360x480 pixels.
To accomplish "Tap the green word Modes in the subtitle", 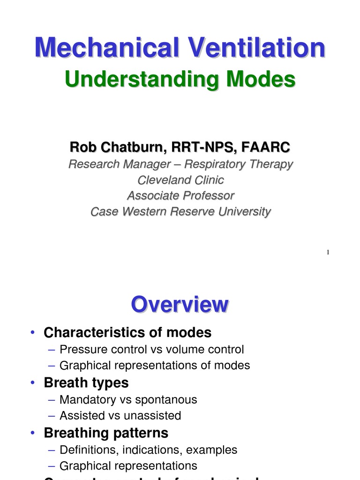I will pos(260,79).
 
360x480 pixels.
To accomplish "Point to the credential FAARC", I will pos(266,147).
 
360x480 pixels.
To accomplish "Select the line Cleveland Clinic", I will pos(180,180).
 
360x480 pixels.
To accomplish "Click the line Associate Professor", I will pos(180,195).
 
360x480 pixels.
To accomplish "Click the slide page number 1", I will pos(328,253).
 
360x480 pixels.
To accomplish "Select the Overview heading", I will pos(180,305).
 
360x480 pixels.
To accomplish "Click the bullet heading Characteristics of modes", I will pos(127,333).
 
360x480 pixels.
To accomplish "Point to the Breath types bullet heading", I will pos(86,383).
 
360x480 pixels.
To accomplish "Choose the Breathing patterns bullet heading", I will pos(106,433).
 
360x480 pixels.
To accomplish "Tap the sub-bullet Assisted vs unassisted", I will pos(120,416).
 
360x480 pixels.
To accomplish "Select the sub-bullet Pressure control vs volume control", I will pos(152,350).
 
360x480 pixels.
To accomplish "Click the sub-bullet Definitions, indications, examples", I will pos(149,450).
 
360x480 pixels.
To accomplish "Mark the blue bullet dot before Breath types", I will pos(32,383).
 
